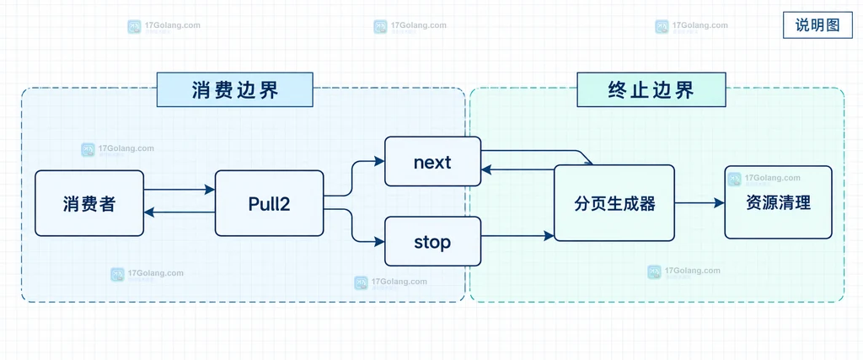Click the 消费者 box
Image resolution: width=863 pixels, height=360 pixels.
tap(89, 203)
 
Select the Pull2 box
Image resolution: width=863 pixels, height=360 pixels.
tap(269, 203)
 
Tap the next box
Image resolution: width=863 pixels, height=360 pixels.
tap(432, 162)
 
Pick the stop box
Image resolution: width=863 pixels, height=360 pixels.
tap(432, 242)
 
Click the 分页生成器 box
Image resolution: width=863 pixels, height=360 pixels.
tap(614, 203)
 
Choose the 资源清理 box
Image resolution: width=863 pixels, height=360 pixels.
tap(778, 202)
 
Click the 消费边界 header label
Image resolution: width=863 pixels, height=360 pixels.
tap(235, 89)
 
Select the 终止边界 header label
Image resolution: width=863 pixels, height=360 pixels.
tap(651, 89)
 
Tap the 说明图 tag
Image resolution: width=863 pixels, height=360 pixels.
tap(817, 25)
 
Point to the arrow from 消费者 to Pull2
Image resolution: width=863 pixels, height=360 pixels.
tap(179, 190)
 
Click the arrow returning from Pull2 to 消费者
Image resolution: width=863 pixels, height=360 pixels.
tap(179, 212)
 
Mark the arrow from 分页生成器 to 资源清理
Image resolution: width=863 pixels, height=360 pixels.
tap(700, 202)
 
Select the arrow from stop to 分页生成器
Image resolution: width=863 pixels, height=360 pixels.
tap(517, 236)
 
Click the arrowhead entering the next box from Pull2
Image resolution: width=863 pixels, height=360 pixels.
tap(379, 161)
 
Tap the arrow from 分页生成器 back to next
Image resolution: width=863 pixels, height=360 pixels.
tap(517, 170)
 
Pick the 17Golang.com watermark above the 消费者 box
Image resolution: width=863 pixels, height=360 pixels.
tap(118, 150)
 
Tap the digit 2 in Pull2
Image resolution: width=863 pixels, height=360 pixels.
tap(285, 204)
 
